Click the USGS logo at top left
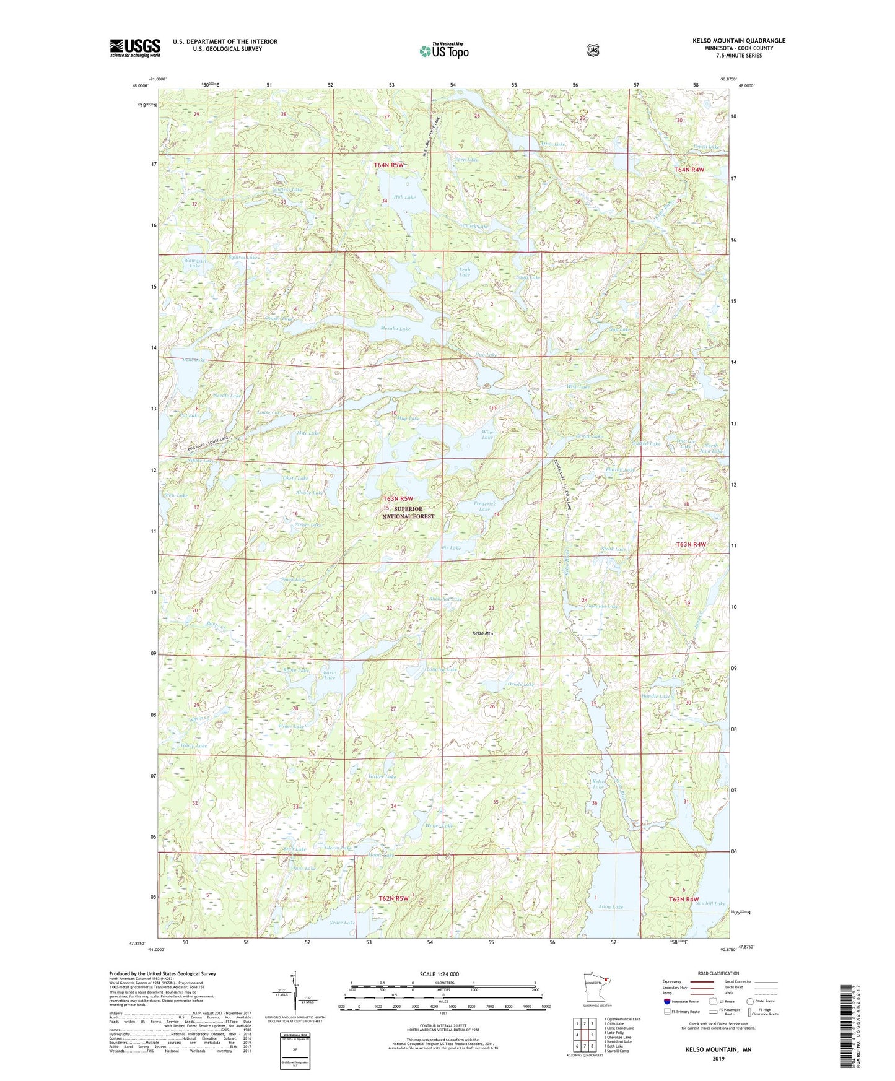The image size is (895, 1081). [x=135, y=47]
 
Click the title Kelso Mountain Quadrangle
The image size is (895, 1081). [x=738, y=41]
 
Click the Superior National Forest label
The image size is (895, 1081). [x=408, y=513]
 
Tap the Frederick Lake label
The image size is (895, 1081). [x=485, y=506]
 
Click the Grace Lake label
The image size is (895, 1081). [x=342, y=923]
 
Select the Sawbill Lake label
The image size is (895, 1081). [x=710, y=904]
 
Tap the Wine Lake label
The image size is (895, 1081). [x=487, y=435]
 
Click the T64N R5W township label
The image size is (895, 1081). [x=389, y=165]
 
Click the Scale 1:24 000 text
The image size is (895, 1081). [x=439, y=974]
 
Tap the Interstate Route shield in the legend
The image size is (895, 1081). [x=667, y=1001]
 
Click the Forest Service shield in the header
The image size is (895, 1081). [x=593, y=50]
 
